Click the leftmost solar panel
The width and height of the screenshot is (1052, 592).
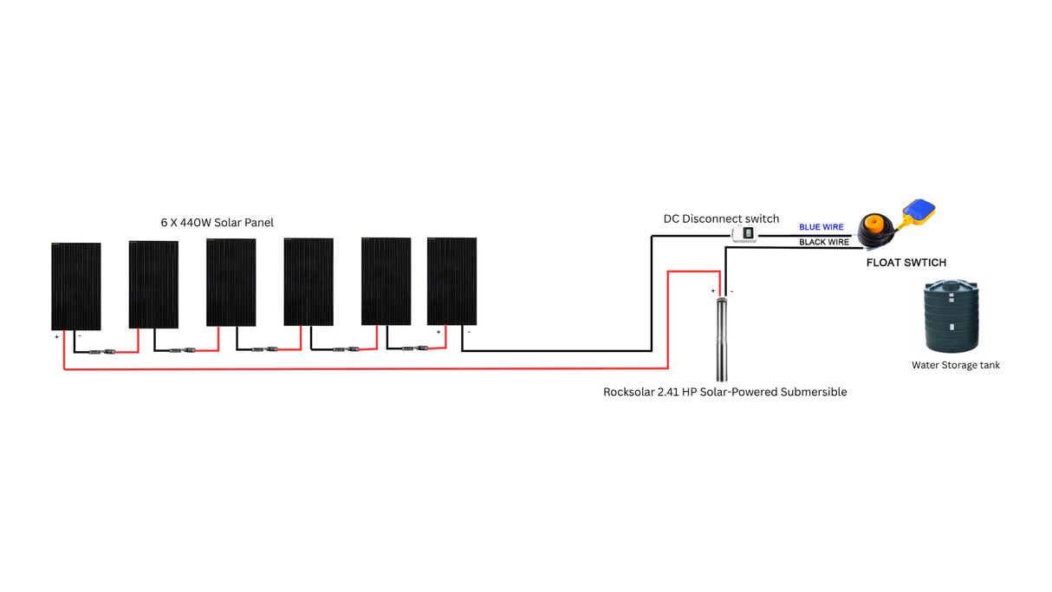coord(76,286)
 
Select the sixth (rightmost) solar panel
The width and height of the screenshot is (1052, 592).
coord(451,281)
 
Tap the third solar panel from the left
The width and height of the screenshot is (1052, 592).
coord(231,283)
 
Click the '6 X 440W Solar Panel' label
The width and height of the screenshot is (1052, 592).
coord(217,223)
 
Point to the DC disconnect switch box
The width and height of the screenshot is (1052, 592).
coord(744,233)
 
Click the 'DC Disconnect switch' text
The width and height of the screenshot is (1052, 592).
coord(721,218)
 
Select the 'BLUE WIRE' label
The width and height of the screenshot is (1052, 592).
coord(821,227)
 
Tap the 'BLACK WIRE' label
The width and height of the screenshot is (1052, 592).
coord(823,243)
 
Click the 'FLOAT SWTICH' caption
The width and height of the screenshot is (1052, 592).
coord(906,263)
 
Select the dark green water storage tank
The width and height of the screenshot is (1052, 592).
coord(951,316)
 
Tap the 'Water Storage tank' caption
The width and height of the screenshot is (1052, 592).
coord(955,366)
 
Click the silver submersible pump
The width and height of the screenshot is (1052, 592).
coord(722,338)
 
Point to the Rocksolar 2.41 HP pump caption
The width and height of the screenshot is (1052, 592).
coord(724,393)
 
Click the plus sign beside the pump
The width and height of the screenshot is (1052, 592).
coord(713,292)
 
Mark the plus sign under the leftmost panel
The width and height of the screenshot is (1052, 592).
coord(57,337)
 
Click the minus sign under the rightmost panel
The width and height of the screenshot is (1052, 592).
coord(469,332)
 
